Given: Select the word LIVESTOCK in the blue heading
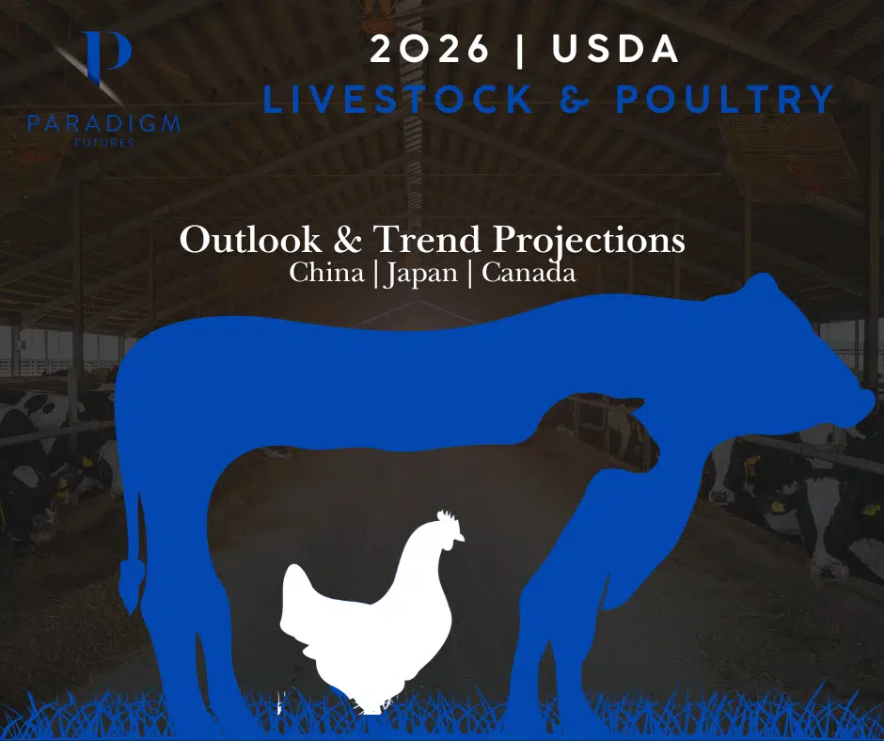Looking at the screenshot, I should point(398,100).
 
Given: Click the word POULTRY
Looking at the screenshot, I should point(725,100).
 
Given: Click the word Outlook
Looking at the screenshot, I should point(245,241).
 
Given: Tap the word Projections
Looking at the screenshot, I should point(589,241).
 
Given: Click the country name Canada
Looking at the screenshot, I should point(523,274).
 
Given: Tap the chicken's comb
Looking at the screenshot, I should point(448,517).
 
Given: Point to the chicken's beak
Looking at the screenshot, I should point(461,538).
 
